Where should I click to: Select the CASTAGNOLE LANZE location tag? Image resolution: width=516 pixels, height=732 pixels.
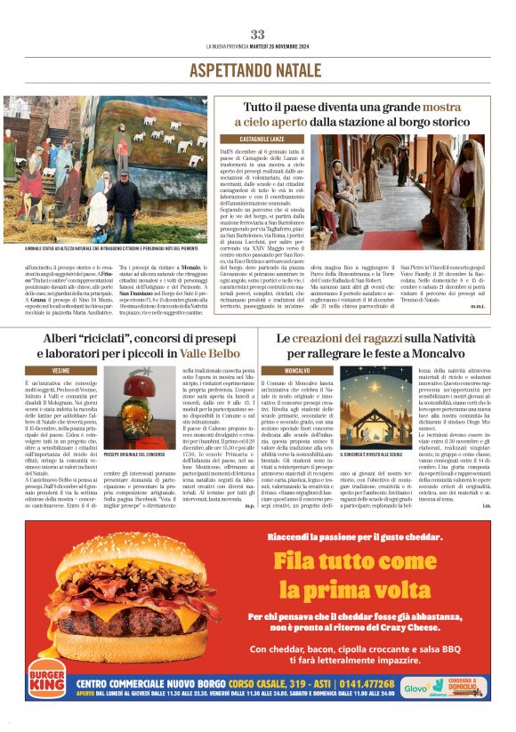261,140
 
